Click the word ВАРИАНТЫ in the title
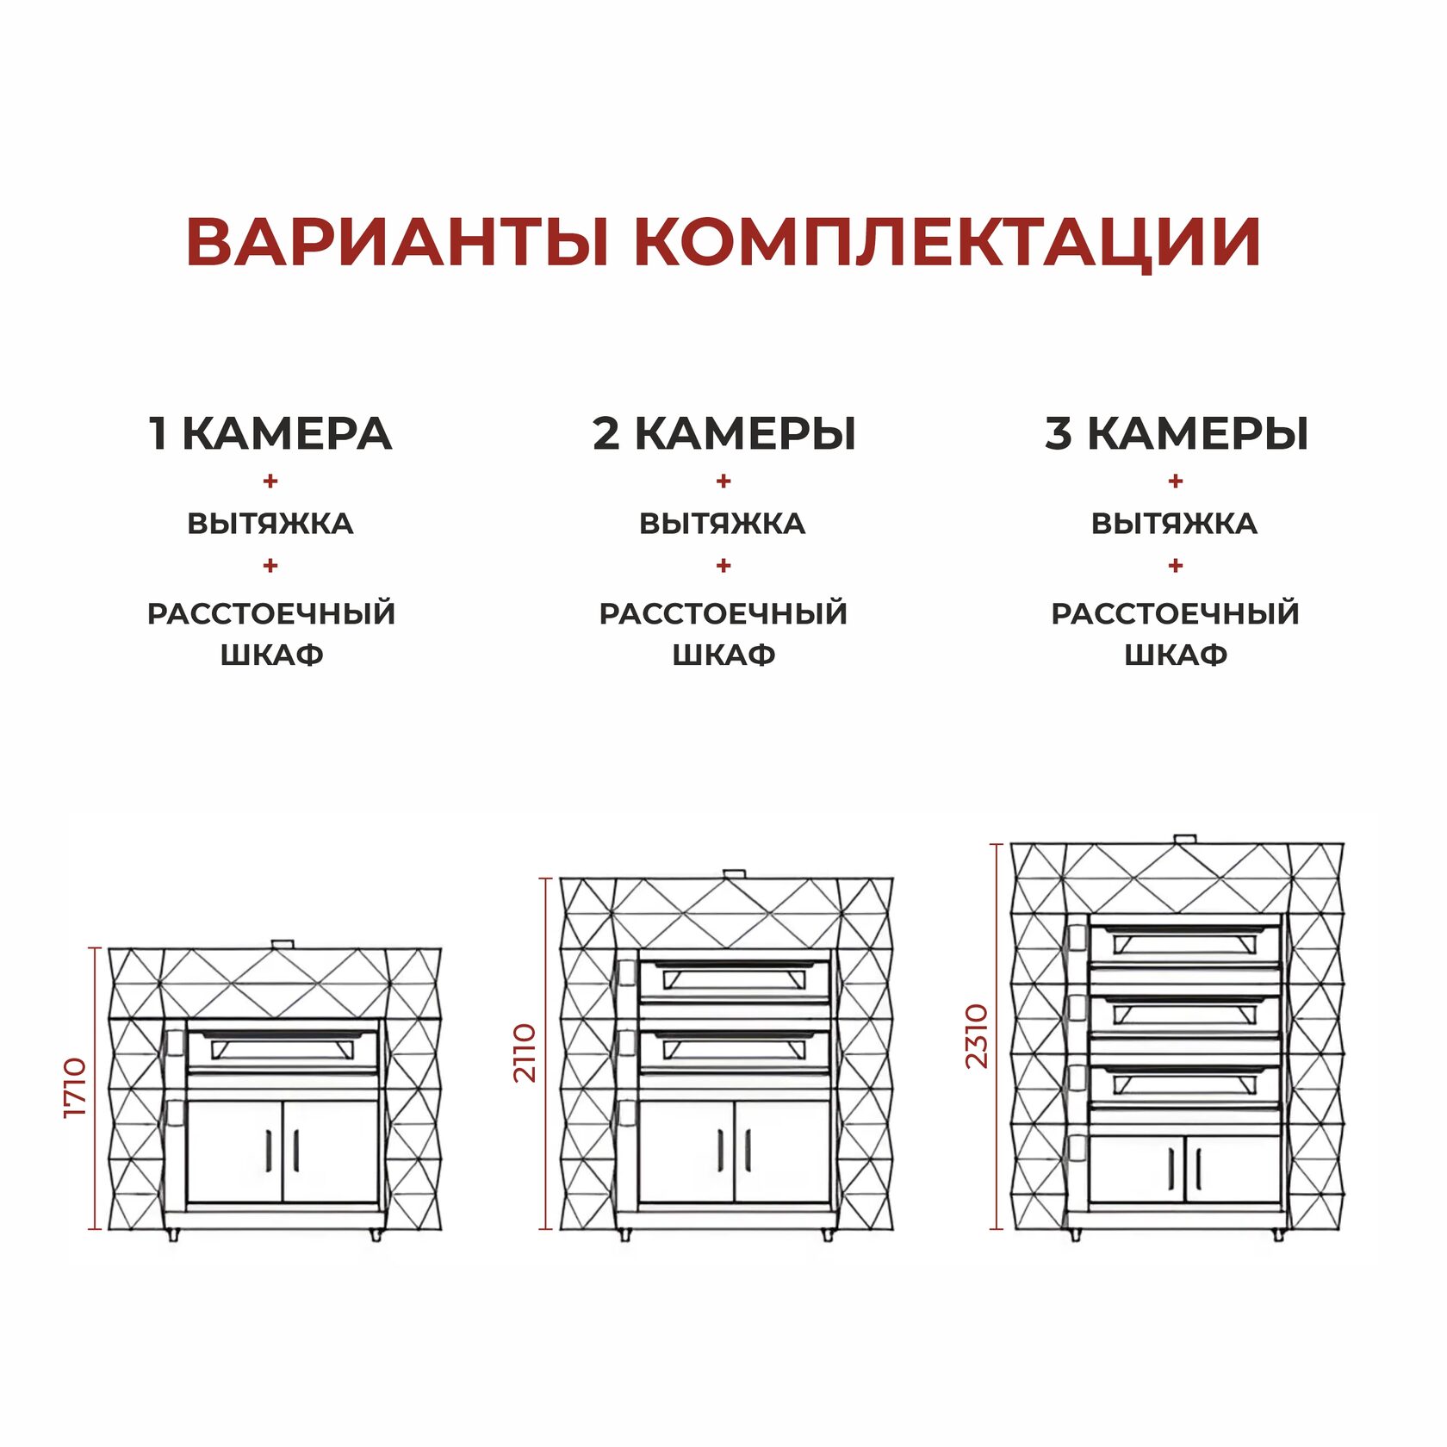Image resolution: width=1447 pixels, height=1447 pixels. tap(398, 241)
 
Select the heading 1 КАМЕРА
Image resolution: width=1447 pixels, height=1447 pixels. tap(270, 433)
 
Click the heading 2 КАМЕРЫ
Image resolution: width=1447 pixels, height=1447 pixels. tap(723, 433)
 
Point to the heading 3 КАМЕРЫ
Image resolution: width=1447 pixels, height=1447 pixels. tap(1177, 433)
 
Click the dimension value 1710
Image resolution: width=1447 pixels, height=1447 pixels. tap(76, 1089)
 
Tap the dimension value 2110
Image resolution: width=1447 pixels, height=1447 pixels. tap(525, 1053)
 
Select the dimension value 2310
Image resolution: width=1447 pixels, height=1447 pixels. tap(977, 1036)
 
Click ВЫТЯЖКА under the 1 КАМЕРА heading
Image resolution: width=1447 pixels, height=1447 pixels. tap(270, 524)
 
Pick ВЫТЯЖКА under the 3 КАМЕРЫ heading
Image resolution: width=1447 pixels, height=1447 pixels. tap(1175, 524)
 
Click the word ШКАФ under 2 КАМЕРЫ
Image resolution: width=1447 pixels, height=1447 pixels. tap(723, 655)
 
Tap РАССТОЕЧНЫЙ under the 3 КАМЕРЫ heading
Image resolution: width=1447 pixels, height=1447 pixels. tap(1175, 614)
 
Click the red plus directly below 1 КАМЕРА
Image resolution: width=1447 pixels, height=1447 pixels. tap(270, 481)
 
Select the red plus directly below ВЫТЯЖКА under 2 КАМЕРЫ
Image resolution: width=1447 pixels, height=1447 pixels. tap(723, 566)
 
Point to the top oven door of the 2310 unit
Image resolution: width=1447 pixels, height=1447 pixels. tap(1185, 942)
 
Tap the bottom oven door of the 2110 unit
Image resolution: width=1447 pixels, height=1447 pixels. tap(735, 1049)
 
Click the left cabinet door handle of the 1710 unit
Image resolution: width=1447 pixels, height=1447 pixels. tap(269, 1150)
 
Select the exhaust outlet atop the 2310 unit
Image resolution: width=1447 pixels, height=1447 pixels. tap(1185, 838)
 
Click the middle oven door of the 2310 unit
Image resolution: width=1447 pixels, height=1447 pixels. tap(1185, 1014)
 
